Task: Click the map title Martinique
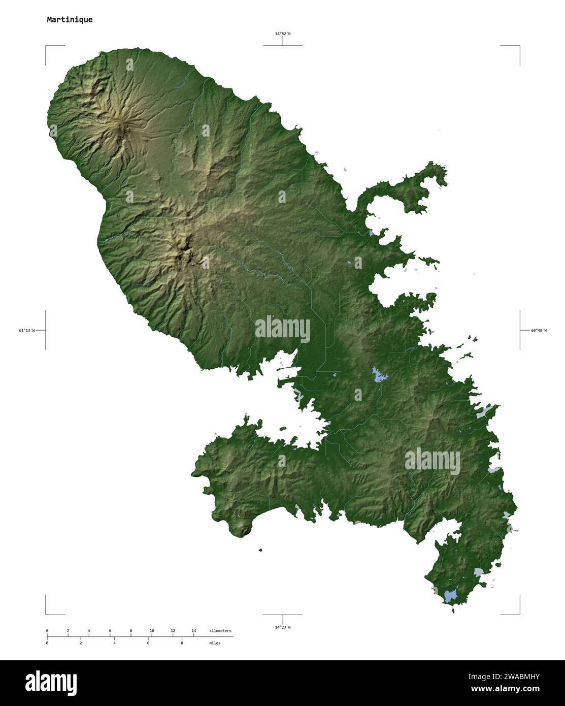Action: (70, 20)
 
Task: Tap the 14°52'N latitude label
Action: (283, 34)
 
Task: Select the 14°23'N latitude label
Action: (283, 627)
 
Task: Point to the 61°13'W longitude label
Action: (27, 331)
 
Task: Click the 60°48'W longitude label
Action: (539, 331)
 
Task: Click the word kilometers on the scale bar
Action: (220, 631)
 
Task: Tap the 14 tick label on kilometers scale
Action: (194, 631)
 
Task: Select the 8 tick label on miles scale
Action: (182, 643)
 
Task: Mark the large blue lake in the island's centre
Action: (379, 375)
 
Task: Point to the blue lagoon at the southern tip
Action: (450, 595)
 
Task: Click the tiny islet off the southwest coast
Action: (260, 550)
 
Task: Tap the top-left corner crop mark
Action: (46, 46)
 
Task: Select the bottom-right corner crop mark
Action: (519, 614)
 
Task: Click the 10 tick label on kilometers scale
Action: (152, 631)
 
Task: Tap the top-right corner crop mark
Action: (519, 46)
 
